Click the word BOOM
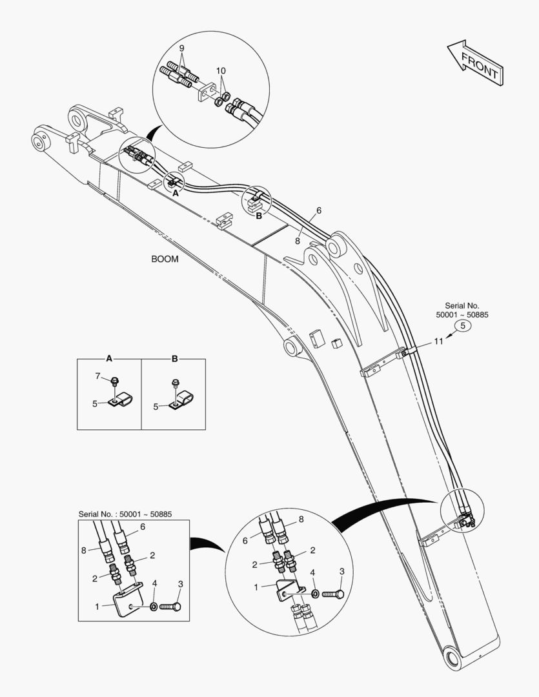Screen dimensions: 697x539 pyautogui.click(x=165, y=259)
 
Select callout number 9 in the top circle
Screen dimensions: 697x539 pyautogui.click(x=181, y=48)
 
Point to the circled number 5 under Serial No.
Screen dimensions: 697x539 pyautogui.click(x=463, y=327)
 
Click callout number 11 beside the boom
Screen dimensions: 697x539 pyautogui.click(x=438, y=341)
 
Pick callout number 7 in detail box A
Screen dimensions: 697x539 pyautogui.click(x=98, y=376)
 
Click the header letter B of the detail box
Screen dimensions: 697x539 pyautogui.click(x=174, y=358)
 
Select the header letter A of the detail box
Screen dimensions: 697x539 pyautogui.click(x=109, y=358)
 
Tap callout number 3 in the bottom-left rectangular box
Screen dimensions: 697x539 pyautogui.click(x=180, y=584)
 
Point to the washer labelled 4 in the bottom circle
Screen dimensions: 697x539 pyautogui.click(x=314, y=592)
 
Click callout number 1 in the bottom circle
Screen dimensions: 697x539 pyautogui.click(x=257, y=587)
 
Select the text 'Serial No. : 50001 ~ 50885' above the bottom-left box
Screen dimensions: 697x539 pyautogui.click(x=125, y=514)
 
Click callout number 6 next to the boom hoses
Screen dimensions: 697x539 pyautogui.click(x=319, y=211)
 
